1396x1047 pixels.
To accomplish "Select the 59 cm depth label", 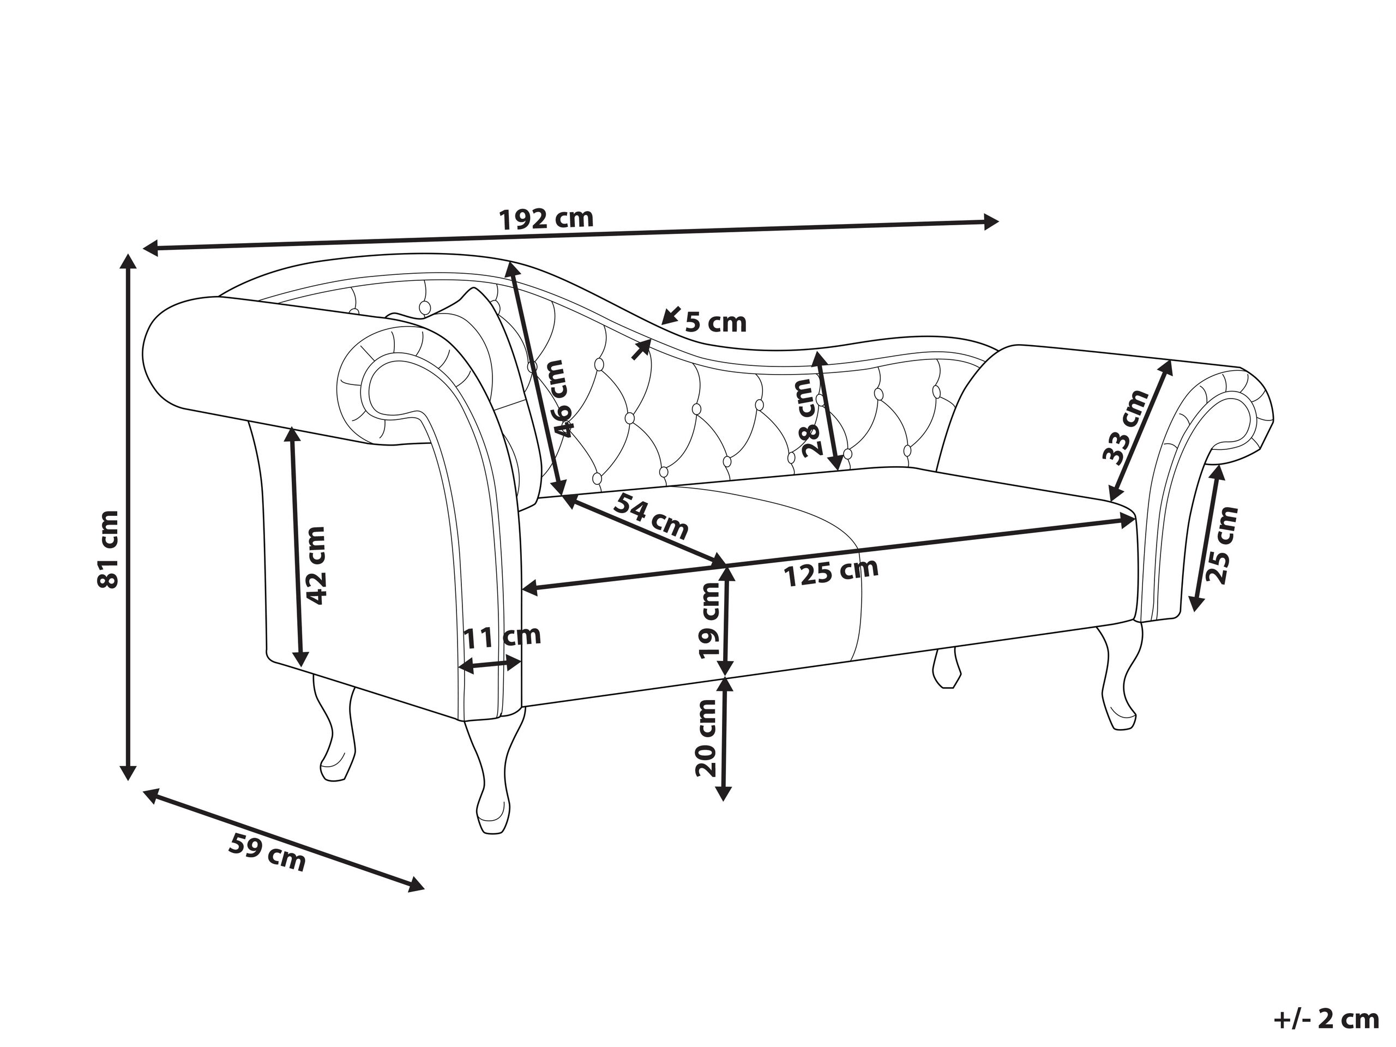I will coord(266,851).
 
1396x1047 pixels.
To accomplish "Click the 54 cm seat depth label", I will coord(651,517).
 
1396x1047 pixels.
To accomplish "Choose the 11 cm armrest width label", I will coord(502,635).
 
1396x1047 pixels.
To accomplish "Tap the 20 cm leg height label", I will coord(706,738).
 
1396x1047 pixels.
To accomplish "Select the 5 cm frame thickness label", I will coord(715,323).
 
